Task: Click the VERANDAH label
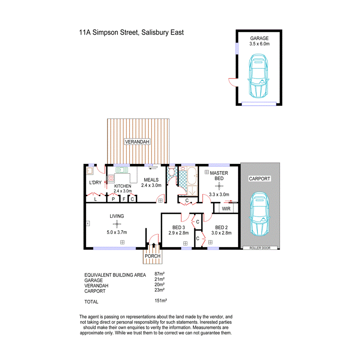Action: [x=137, y=142]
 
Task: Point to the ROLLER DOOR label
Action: [x=260, y=248]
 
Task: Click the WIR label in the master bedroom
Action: [x=226, y=208]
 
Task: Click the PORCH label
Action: [x=153, y=256]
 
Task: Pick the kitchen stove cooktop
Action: [x=110, y=178]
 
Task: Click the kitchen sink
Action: [x=121, y=170]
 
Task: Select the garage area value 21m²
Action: [x=160, y=279]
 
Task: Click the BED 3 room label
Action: [x=178, y=227]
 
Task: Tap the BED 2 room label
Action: [x=223, y=227]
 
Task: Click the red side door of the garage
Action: [x=232, y=81]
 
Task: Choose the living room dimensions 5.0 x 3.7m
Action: [x=117, y=232]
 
